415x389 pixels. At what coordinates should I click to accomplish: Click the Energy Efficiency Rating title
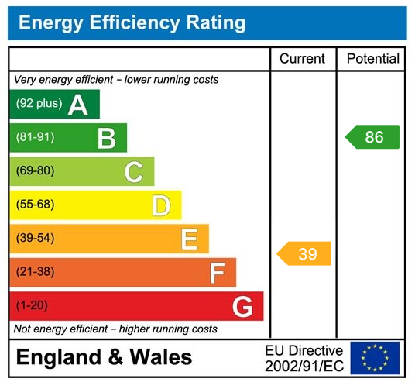(132, 23)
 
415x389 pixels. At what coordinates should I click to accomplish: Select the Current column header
(303, 59)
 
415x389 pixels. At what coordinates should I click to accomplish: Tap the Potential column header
(372, 59)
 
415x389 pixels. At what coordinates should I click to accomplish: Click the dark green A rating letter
(78, 105)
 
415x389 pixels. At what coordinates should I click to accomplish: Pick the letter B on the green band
(106, 138)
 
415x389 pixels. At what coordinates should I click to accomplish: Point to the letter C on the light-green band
(134, 171)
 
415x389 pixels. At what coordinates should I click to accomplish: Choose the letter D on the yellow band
(161, 205)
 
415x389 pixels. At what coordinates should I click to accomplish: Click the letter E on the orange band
(189, 239)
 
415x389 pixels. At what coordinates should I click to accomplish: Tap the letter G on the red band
(242, 307)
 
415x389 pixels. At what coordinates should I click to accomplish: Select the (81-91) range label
(36, 138)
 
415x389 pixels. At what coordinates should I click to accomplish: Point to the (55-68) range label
(36, 205)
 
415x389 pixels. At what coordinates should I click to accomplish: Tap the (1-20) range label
(32, 306)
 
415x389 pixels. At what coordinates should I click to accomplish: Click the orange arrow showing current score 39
(305, 253)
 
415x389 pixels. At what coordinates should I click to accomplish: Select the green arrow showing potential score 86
(372, 137)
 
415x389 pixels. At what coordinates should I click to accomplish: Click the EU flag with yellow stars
(375, 357)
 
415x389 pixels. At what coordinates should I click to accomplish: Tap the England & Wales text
(104, 357)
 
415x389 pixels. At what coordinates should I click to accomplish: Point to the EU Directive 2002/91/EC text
(304, 357)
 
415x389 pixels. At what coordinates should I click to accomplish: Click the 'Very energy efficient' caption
(116, 80)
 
